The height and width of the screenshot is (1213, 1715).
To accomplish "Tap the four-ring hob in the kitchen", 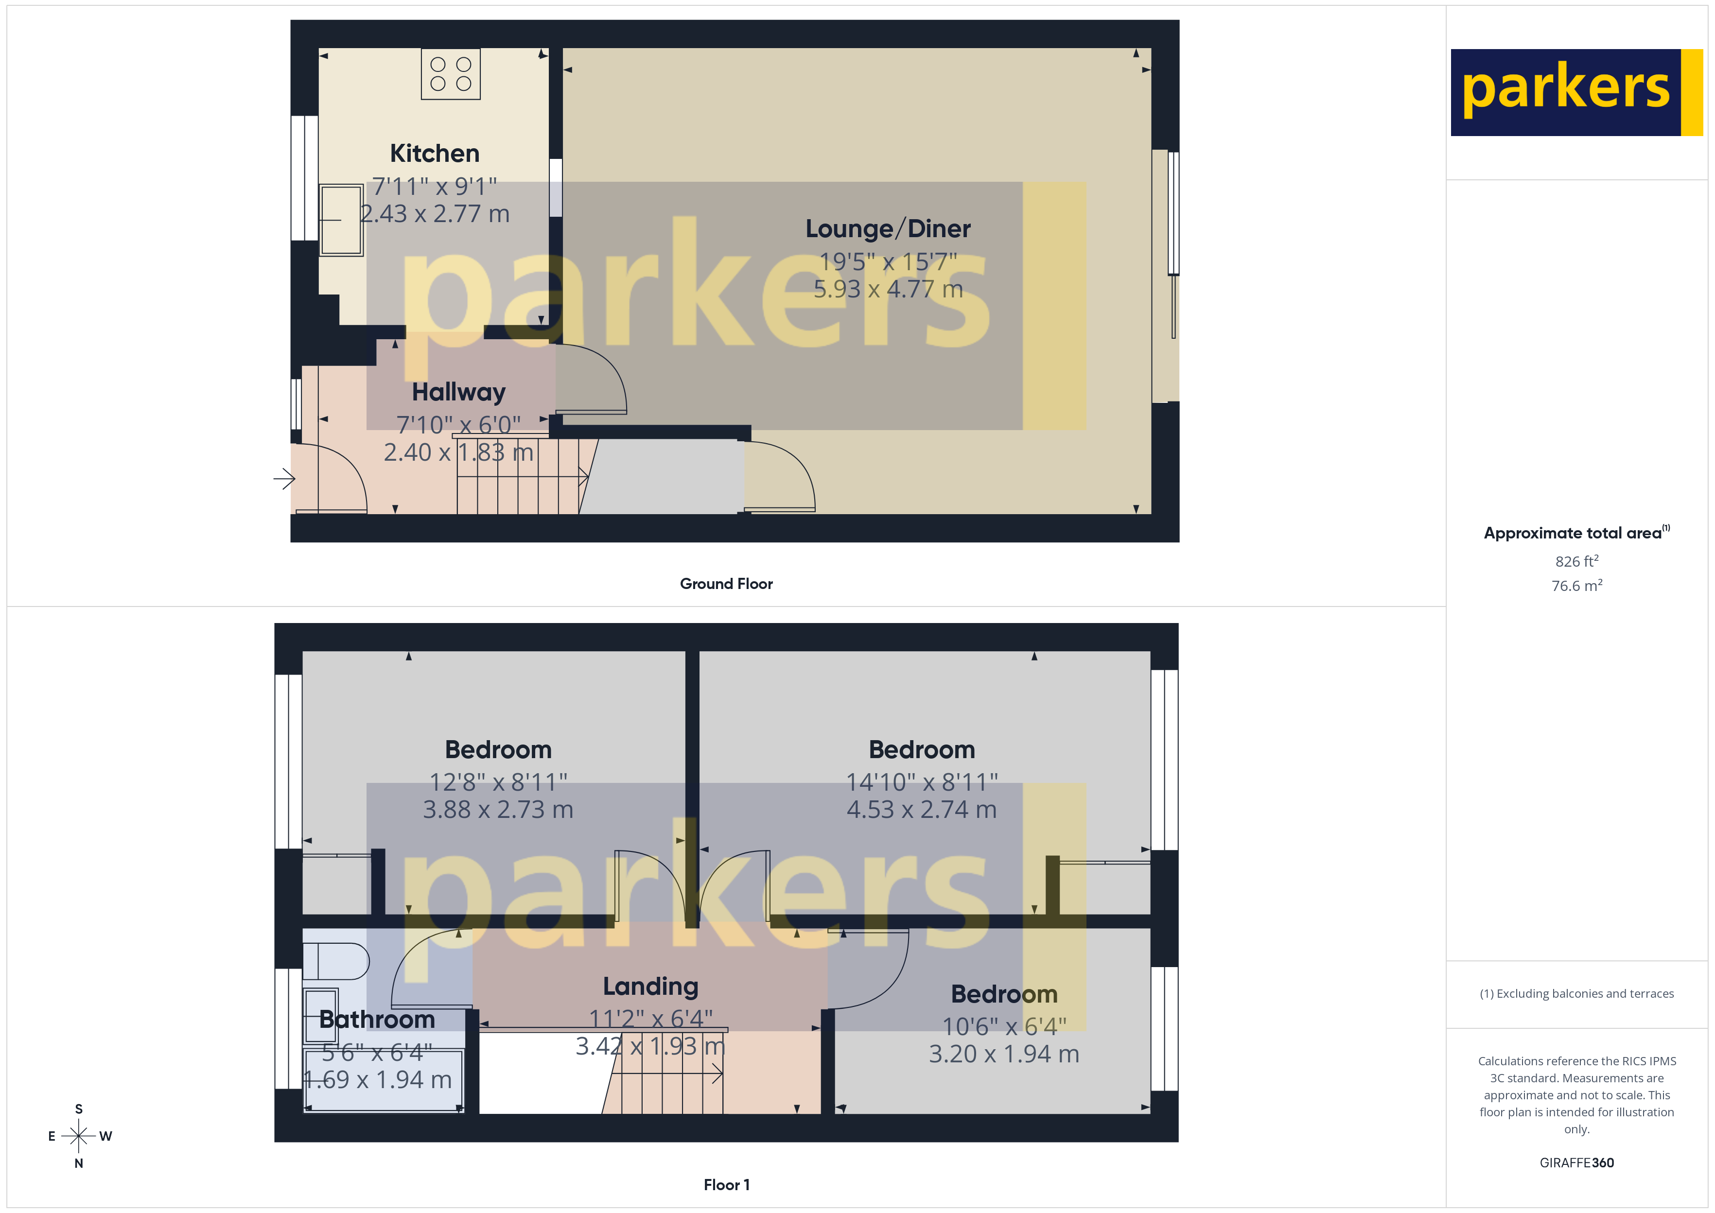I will pyautogui.click(x=451, y=74).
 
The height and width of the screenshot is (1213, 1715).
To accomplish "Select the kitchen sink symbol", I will pyautogui.click(x=341, y=220).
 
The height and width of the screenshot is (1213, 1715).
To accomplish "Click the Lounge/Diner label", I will pyautogui.click(x=887, y=228).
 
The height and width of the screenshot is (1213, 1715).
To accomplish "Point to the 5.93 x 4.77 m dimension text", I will pyautogui.click(x=887, y=289).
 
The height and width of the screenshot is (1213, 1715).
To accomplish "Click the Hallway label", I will pyautogui.click(x=458, y=392).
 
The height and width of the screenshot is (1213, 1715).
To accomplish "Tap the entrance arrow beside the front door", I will pyautogui.click(x=284, y=478).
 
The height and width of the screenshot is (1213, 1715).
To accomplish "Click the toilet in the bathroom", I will pyautogui.click(x=335, y=961).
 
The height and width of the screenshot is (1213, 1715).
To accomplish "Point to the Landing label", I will pyautogui.click(x=650, y=987).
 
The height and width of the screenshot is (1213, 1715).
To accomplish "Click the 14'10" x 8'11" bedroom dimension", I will pyautogui.click(x=922, y=782).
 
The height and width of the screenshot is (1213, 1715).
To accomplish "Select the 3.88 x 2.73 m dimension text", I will pyautogui.click(x=498, y=810).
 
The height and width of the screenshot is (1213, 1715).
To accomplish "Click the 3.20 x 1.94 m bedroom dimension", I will pyautogui.click(x=1004, y=1054).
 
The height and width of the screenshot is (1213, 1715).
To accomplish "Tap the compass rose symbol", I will pyautogui.click(x=78, y=1136).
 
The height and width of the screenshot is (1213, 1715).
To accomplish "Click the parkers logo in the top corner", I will pyautogui.click(x=1576, y=93).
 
